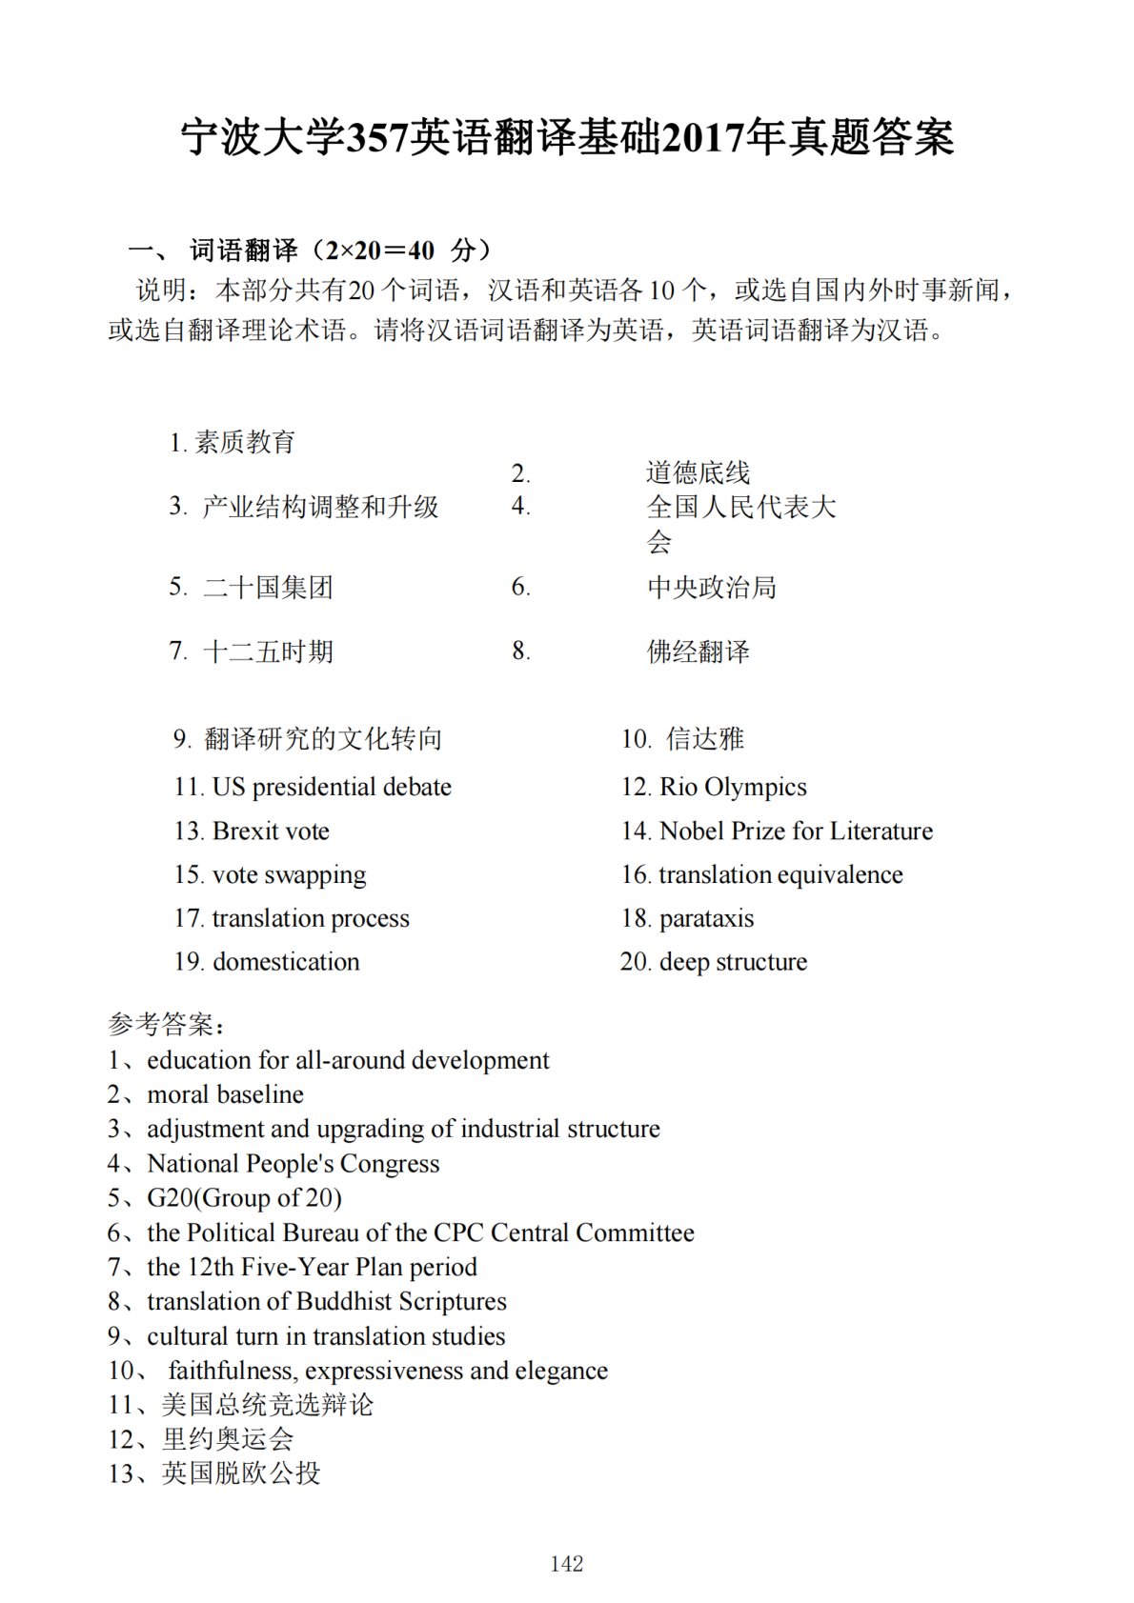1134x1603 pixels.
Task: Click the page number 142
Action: (x=566, y=1563)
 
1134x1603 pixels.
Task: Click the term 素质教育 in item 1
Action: (x=245, y=442)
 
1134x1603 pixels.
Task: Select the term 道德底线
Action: (x=698, y=472)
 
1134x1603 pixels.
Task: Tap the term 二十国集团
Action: (x=268, y=587)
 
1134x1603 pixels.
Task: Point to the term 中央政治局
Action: (x=712, y=587)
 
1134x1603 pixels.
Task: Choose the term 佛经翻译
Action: (x=699, y=651)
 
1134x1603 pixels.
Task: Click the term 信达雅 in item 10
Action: (x=705, y=738)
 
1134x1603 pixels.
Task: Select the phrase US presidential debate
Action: (x=331, y=787)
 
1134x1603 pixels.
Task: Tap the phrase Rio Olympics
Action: (x=732, y=787)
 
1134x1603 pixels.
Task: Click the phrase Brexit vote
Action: (x=271, y=831)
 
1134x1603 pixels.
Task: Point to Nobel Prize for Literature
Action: (x=796, y=831)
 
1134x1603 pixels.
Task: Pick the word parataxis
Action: (x=706, y=918)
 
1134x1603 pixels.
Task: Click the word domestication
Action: (x=286, y=961)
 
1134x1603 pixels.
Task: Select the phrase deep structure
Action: (x=733, y=961)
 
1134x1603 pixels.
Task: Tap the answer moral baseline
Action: (x=225, y=1094)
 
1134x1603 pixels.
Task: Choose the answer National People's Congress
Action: (x=293, y=1163)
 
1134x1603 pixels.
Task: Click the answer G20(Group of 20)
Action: (x=244, y=1197)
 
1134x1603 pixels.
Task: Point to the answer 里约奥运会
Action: (x=228, y=1438)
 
